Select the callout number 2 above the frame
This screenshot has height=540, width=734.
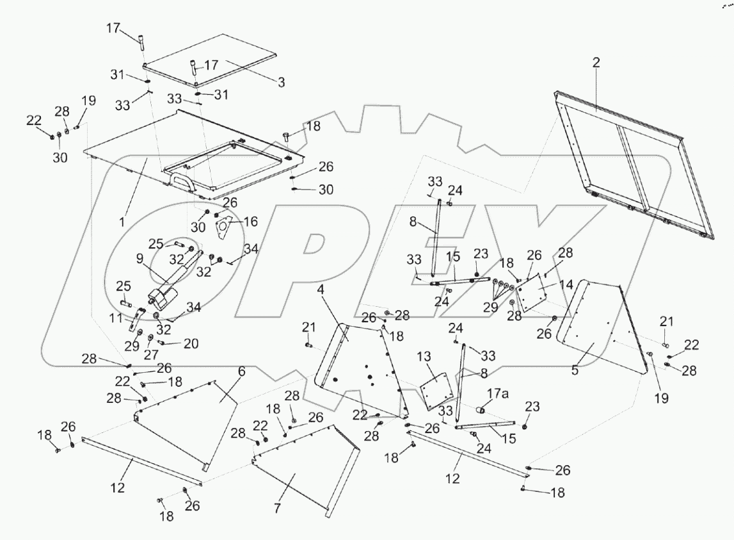[x=596, y=62]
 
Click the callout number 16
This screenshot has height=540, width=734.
[x=251, y=222]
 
